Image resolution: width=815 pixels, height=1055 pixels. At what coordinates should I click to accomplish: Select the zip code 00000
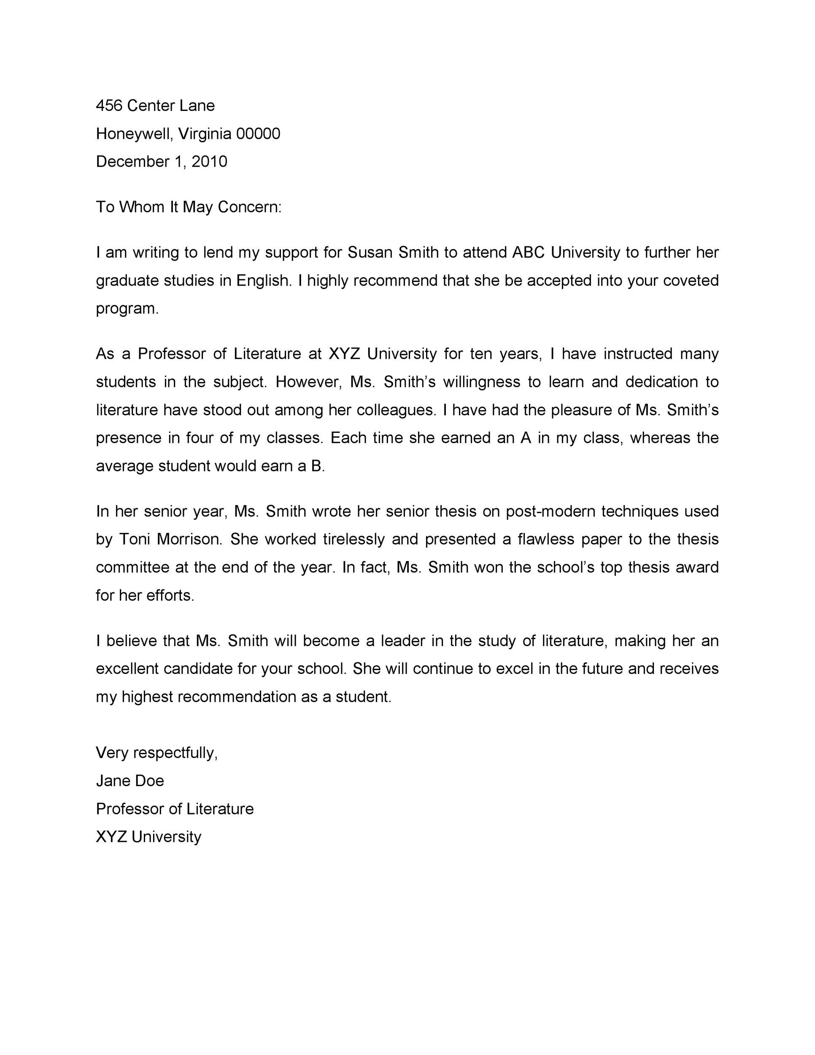(258, 133)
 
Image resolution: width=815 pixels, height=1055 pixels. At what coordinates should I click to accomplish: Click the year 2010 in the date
(209, 161)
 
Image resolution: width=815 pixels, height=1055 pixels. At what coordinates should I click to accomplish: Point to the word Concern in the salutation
(248, 207)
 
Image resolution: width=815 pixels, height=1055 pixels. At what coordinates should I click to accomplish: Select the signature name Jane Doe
(130, 781)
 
